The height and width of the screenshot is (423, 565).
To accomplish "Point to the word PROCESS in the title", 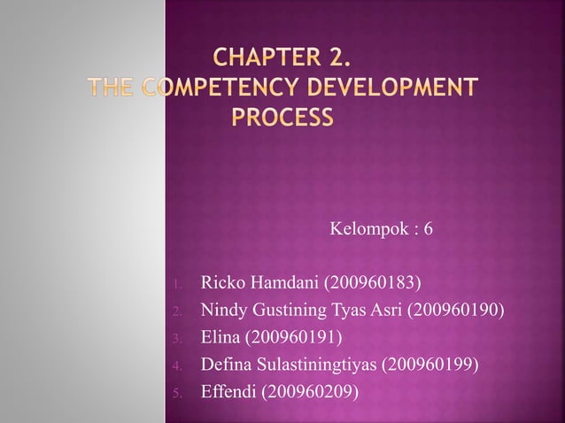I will pos(282,117).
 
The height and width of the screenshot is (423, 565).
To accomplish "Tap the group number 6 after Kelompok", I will pos(429,230).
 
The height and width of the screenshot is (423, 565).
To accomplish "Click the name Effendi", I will pos(228,390).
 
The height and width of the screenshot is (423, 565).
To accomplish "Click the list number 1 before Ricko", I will pos(177,285).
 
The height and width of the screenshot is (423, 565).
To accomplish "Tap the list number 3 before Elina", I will pos(177,338).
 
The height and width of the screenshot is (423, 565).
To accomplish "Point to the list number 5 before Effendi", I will pos(177,391).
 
